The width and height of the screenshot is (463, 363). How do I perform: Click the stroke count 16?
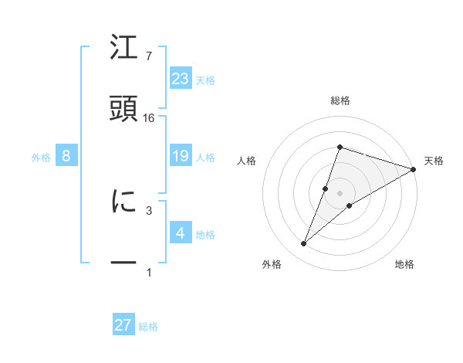coord(149,118)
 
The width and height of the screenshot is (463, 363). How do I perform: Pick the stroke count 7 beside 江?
coord(149,56)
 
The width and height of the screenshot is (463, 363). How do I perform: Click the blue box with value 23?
coord(181,79)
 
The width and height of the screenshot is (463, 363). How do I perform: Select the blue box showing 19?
coord(181,156)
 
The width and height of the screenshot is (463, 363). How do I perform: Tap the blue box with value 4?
coord(181,233)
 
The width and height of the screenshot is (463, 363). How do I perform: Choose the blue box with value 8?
coord(66,156)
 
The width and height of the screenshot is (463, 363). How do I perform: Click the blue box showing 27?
coord(123,325)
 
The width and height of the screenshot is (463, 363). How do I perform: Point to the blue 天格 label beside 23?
coord(205,80)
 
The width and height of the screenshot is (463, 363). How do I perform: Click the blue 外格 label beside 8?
coord(41,157)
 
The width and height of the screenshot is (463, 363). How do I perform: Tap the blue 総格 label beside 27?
coord(149,326)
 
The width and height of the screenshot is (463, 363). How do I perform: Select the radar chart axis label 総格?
coord(340,100)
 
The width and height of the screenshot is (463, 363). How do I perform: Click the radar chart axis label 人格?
coord(247,161)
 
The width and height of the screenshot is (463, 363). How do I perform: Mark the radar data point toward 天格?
coord(414,169)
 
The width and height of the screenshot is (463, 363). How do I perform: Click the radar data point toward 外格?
coord(304,244)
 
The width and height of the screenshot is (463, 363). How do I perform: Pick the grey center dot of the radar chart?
coord(340,193)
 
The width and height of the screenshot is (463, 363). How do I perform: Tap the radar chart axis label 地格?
coord(404,265)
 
